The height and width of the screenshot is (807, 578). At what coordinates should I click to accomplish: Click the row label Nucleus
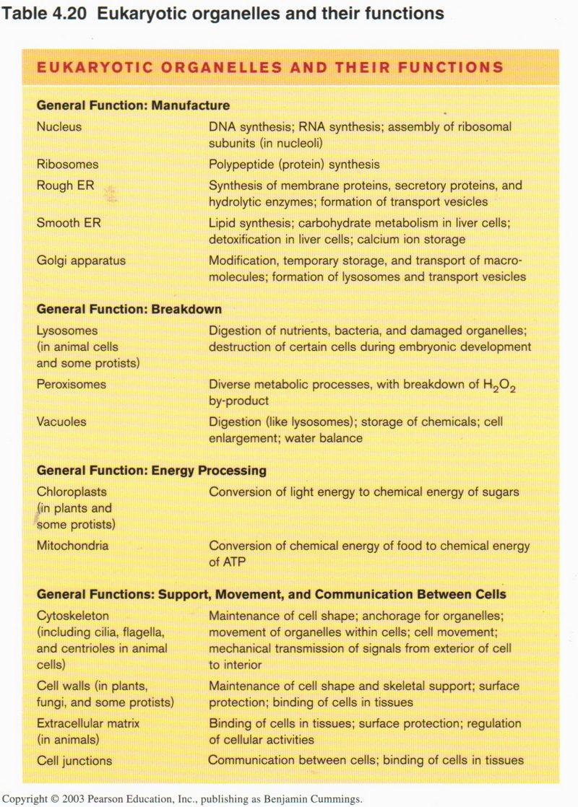(59, 126)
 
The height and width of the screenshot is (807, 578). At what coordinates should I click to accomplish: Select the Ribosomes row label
(67, 164)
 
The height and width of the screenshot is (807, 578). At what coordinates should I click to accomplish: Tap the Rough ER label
(65, 186)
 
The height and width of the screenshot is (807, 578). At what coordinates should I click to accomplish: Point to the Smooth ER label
(69, 223)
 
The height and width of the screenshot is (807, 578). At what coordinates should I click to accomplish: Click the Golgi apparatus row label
(81, 260)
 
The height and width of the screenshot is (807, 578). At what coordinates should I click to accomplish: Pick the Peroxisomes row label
(71, 384)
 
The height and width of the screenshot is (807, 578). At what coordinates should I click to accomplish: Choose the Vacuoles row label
(61, 422)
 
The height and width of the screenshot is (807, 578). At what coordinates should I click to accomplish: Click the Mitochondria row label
(72, 545)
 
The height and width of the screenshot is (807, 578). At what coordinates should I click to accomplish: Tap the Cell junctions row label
(74, 759)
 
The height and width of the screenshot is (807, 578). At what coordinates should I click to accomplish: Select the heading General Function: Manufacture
(133, 105)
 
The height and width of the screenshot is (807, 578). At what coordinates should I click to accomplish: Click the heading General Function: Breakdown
(129, 309)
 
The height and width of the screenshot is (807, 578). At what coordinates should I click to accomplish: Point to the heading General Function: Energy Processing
(152, 471)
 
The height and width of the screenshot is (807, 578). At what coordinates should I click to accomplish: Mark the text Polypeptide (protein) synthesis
(294, 164)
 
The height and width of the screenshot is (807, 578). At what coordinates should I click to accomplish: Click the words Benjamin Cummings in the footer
(308, 799)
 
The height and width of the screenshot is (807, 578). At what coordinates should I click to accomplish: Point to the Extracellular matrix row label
(88, 723)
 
